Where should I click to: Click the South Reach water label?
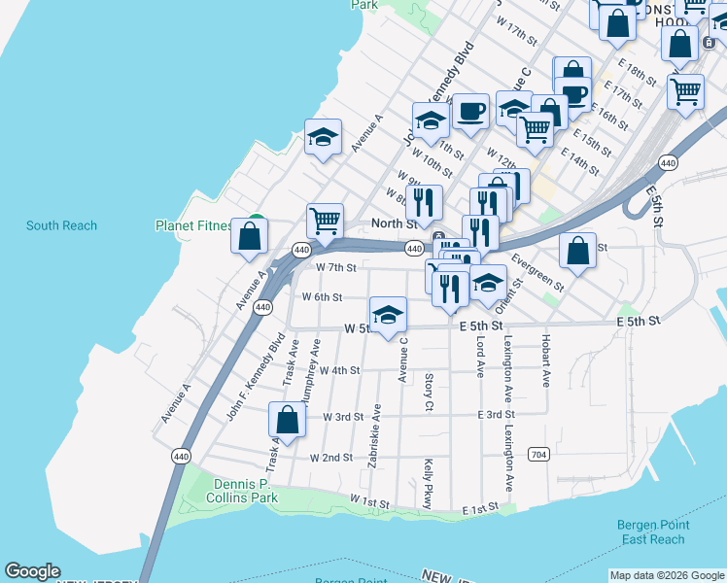tap(61, 225)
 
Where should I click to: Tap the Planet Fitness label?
tap(194, 225)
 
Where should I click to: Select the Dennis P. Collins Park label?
tap(242, 491)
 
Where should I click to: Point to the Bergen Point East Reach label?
tap(653, 532)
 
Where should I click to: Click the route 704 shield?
tap(537, 454)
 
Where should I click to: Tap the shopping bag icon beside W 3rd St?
tap(288, 421)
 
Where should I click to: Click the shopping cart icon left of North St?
tap(325, 220)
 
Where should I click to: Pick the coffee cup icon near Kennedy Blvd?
tap(470, 113)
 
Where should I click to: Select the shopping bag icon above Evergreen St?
tap(578, 251)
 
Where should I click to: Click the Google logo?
tap(32, 571)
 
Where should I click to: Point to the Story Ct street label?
tap(429, 391)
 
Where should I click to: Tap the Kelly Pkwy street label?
tap(427, 483)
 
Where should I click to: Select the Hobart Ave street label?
tap(546, 360)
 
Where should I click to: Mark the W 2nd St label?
tap(330, 457)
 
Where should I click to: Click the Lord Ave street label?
tap(480, 357)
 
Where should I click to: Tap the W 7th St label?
tap(336, 267)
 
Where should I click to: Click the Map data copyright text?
tap(667, 575)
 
